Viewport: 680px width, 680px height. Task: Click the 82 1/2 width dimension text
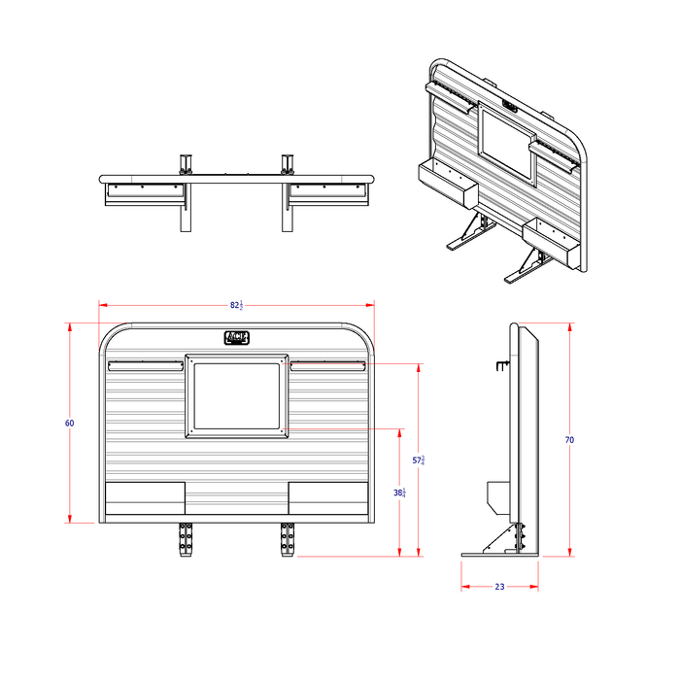pyautogui.click(x=236, y=305)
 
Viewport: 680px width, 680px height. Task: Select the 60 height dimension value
pyautogui.click(x=70, y=424)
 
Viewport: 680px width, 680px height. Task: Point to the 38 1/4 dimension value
pyautogui.click(x=399, y=493)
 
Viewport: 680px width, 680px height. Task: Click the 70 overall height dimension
pyautogui.click(x=569, y=440)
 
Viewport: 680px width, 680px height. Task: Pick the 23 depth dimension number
pyautogui.click(x=499, y=587)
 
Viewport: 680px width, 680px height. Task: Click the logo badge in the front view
pyautogui.click(x=237, y=338)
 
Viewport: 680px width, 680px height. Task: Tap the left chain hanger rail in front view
pyautogui.click(x=145, y=366)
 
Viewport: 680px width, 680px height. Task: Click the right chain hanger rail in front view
pyautogui.click(x=327, y=366)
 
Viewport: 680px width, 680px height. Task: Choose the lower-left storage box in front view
pyautogui.click(x=145, y=498)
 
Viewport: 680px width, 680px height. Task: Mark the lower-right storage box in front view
pyautogui.click(x=328, y=498)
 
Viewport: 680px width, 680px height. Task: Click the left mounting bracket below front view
pyautogui.click(x=186, y=538)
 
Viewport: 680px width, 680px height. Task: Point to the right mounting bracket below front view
pyautogui.click(x=288, y=538)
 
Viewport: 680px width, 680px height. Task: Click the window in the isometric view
pyautogui.click(x=507, y=144)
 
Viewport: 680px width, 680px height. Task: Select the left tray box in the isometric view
pyautogui.click(x=445, y=185)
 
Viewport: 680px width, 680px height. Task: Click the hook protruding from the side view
pyautogui.click(x=500, y=365)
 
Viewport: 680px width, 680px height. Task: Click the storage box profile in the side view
pyautogui.click(x=495, y=497)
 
